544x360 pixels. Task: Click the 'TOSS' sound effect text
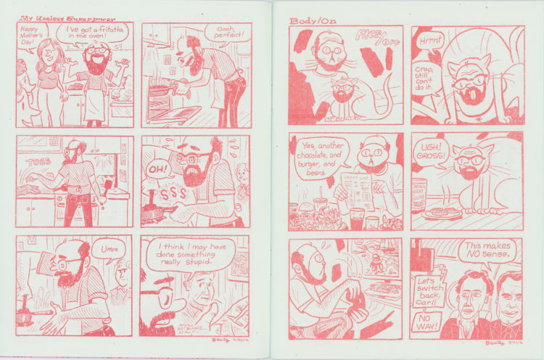(38, 163)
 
